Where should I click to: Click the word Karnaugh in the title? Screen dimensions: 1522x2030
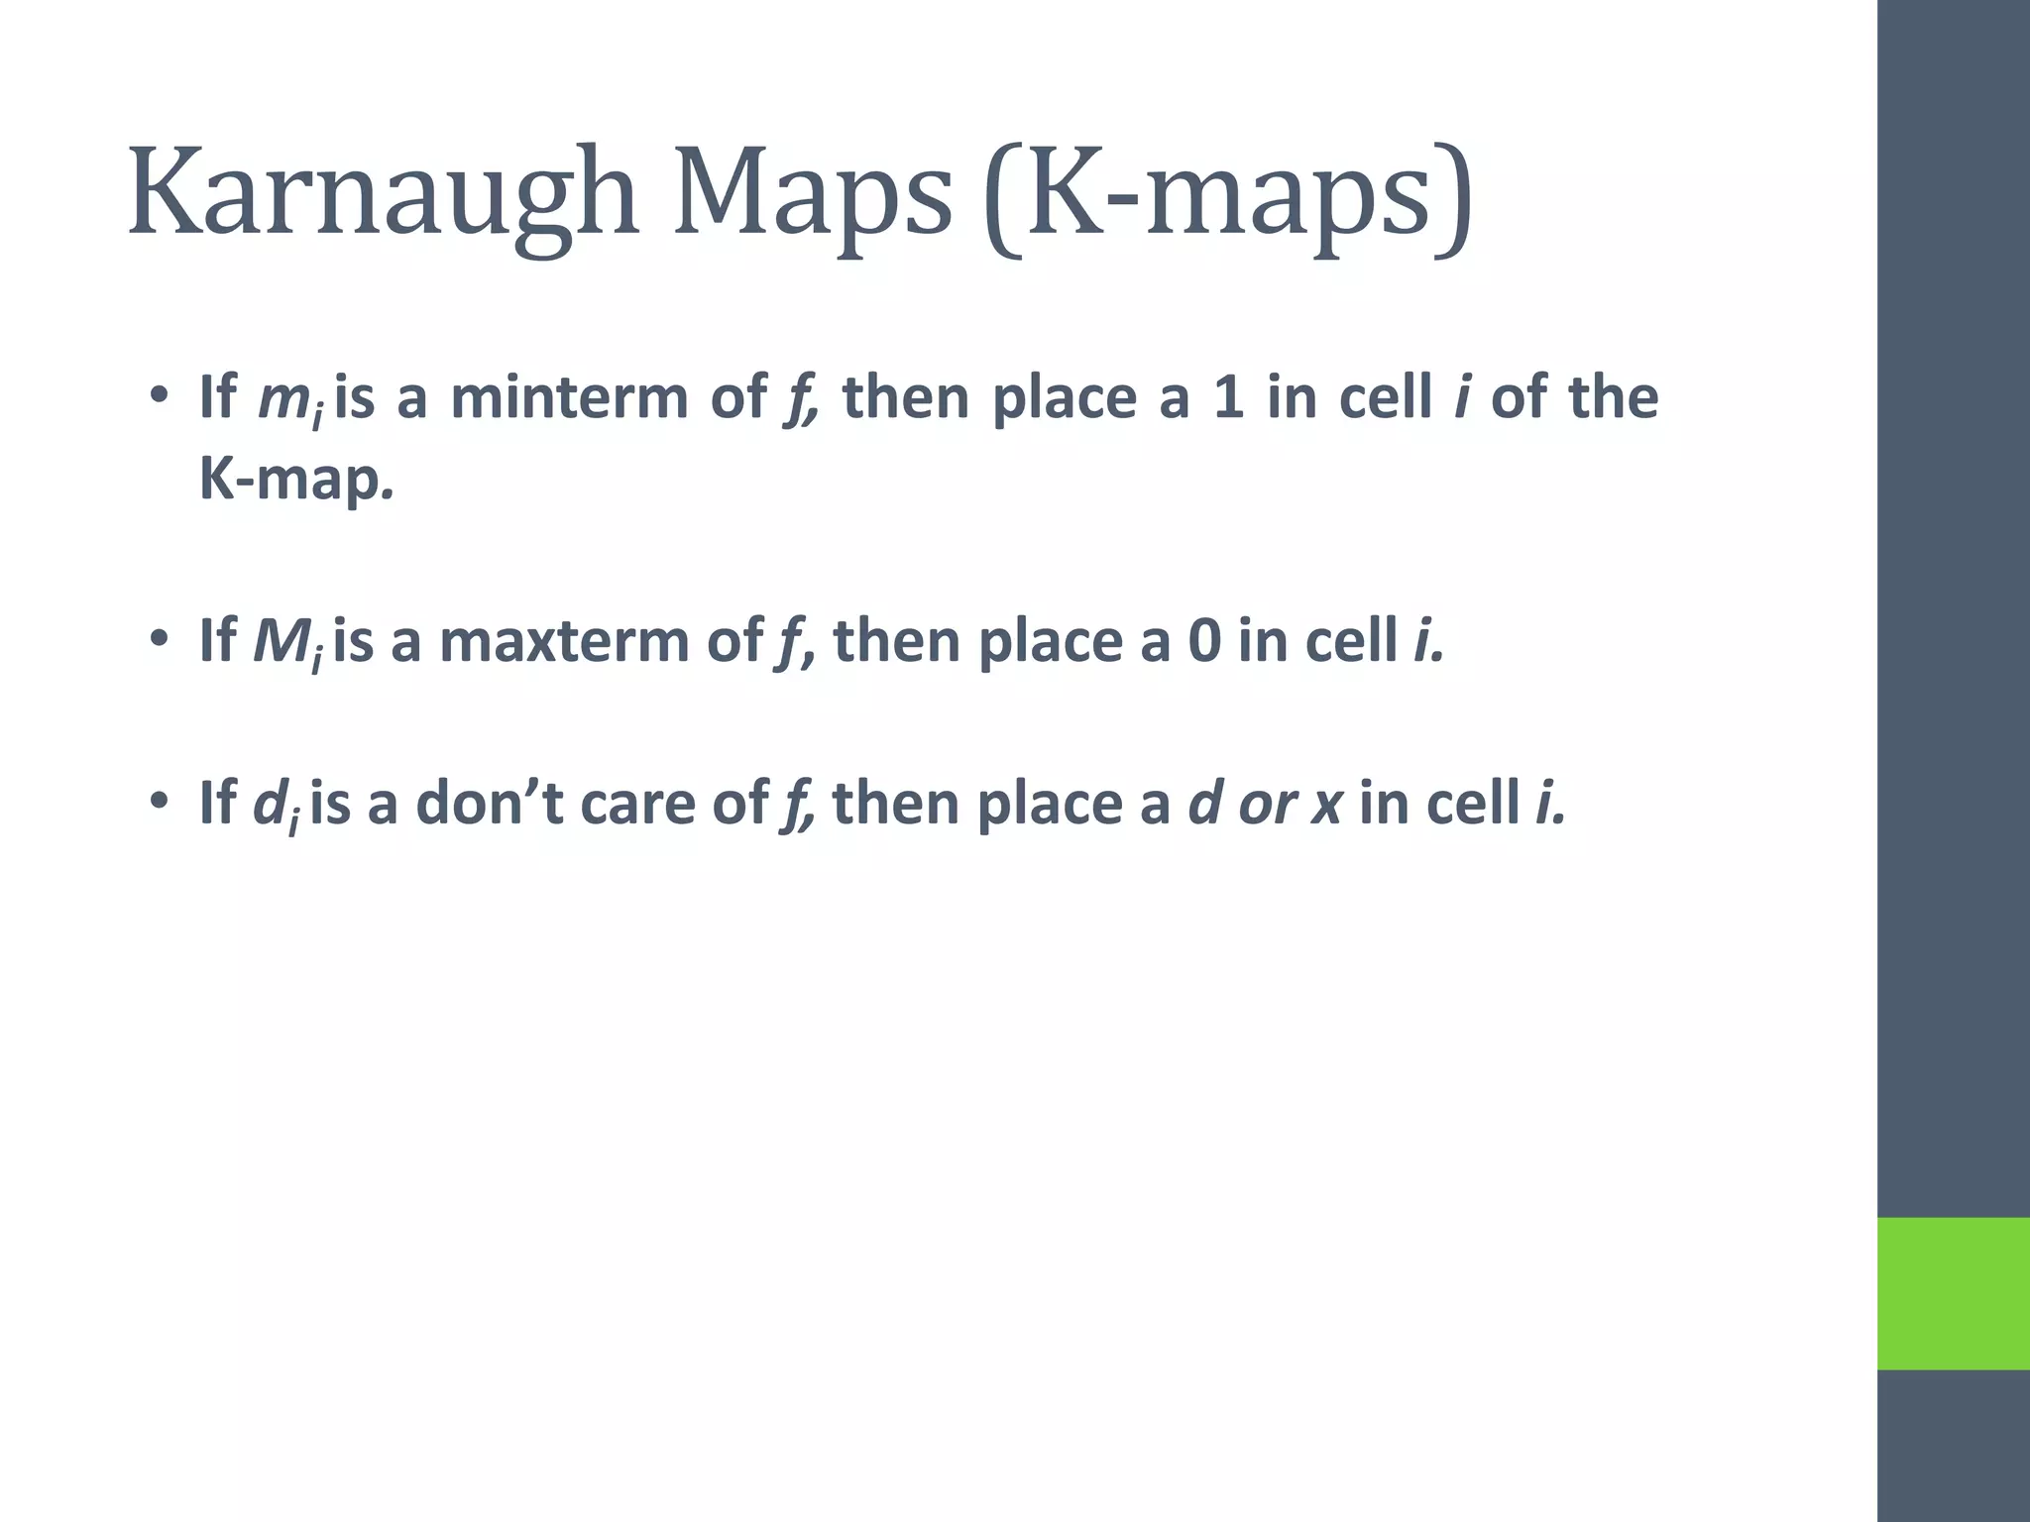(x=382, y=193)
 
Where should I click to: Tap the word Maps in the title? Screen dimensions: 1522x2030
(x=813, y=193)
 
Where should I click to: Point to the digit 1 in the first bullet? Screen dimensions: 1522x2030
(x=1227, y=398)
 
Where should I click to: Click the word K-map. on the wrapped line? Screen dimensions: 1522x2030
(x=296, y=480)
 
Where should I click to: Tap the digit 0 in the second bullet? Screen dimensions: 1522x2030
(x=1203, y=642)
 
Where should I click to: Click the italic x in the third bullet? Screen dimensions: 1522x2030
(x=1326, y=805)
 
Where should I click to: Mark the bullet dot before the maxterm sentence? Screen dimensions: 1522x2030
(x=159, y=641)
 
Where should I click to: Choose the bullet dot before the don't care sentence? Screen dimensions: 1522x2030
(x=159, y=802)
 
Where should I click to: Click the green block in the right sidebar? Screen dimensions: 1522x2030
(x=1953, y=1293)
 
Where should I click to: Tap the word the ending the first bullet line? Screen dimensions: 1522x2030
(x=1613, y=398)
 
